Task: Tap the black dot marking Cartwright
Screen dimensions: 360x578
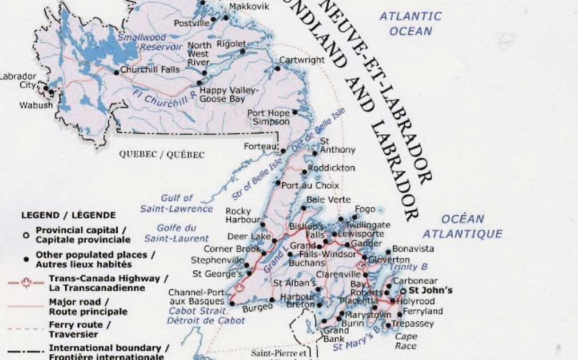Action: click(278, 69)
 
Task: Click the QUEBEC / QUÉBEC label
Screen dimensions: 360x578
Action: click(161, 154)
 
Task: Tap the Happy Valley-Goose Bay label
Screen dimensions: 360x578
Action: click(229, 94)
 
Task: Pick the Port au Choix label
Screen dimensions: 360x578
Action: click(310, 186)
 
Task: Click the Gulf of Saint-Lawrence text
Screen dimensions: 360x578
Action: click(177, 203)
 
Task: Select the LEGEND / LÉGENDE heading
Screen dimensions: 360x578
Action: click(69, 215)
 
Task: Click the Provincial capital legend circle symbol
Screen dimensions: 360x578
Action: click(26, 235)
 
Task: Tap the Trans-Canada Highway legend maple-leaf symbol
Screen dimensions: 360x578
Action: click(25, 283)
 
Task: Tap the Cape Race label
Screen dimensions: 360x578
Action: click(405, 341)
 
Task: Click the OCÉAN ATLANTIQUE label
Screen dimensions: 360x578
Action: click(463, 226)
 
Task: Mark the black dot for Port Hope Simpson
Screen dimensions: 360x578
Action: click(295, 113)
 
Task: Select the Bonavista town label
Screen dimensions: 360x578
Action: click(413, 249)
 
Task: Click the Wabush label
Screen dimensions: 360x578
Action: click(36, 105)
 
